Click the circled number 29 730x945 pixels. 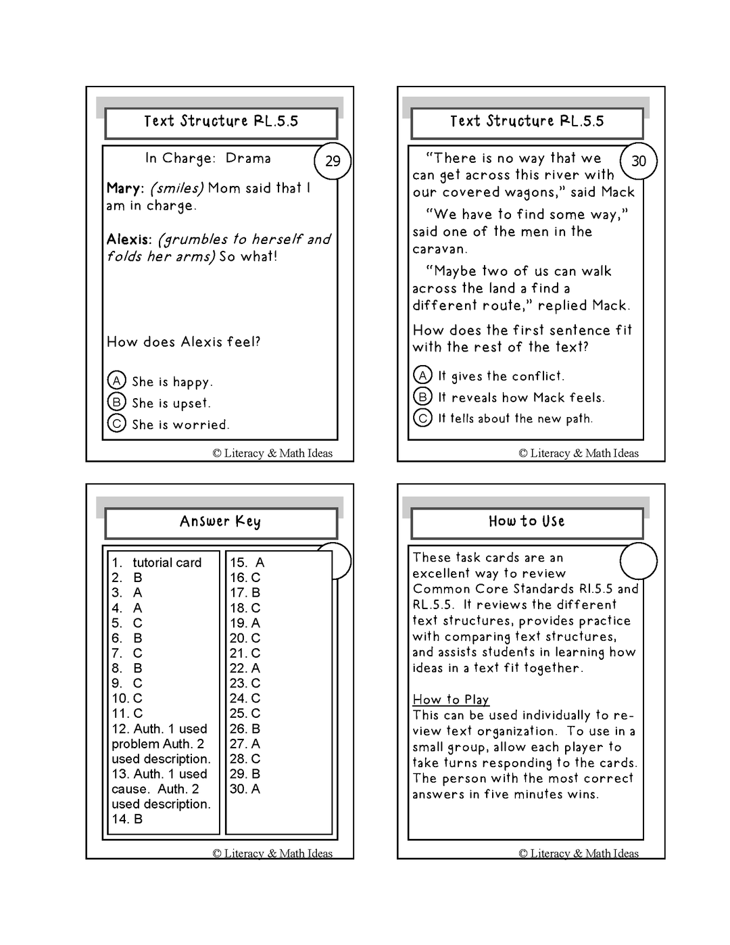point(333,162)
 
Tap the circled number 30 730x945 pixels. point(639,162)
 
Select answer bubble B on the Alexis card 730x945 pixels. point(117,402)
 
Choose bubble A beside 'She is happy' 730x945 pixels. point(117,381)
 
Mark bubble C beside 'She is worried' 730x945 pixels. point(117,423)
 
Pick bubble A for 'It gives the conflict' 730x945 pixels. point(422,375)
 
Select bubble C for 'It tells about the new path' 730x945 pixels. point(422,418)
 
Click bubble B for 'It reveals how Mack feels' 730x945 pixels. point(422,396)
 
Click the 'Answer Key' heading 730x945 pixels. point(220,521)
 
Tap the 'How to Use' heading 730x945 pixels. point(527,521)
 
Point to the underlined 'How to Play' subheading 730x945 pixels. point(451,700)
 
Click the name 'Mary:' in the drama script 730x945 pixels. point(125,189)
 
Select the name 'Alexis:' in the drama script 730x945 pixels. point(129,239)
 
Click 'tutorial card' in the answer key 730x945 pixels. point(167,562)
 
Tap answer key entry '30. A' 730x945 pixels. point(245,789)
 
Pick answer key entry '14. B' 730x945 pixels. point(127,819)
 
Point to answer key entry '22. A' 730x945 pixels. point(245,668)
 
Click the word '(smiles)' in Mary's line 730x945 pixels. point(176,189)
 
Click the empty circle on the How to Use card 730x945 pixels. point(638,561)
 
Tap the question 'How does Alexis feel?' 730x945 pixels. point(183,342)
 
